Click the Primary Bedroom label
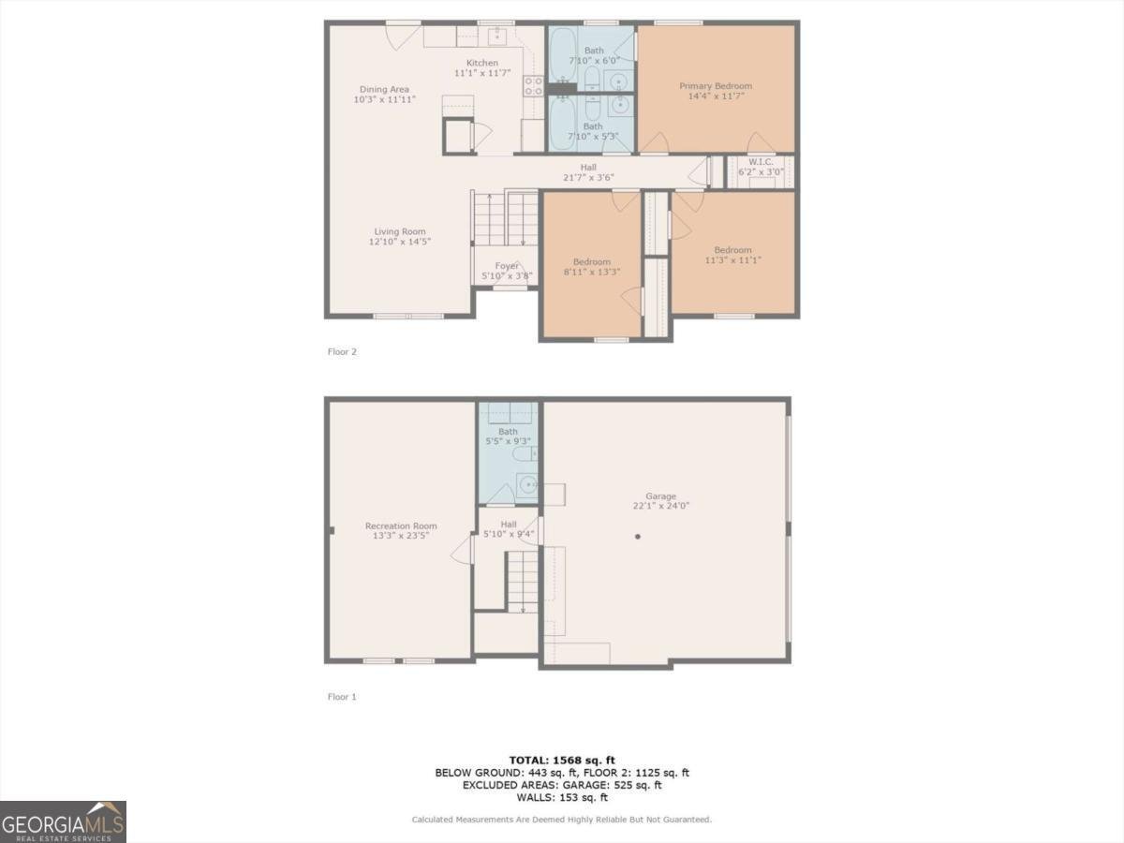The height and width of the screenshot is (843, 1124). point(716,86)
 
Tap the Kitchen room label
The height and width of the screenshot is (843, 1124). point(482,64)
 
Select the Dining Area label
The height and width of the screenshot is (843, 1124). point(384,90)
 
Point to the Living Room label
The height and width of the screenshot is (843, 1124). point(400,231)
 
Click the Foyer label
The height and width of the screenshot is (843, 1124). point(507,266)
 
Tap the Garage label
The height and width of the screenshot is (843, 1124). point(660,496)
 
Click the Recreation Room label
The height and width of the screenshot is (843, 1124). point(401,526)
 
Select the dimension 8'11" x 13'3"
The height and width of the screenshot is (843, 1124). point(592,272)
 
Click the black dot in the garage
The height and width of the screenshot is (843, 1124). point(638,537)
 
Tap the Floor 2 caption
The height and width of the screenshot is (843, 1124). point(342,352)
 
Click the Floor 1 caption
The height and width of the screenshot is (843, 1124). point(342,697)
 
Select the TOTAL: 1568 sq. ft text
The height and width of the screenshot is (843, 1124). point(562,760)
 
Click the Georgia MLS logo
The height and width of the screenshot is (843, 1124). point(63,821)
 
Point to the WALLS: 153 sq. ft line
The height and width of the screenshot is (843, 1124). point(562,798)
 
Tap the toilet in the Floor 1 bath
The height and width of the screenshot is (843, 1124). point(522,454)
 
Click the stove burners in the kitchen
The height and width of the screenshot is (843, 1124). point(533,86)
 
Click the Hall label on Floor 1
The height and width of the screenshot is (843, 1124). point(509,525)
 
